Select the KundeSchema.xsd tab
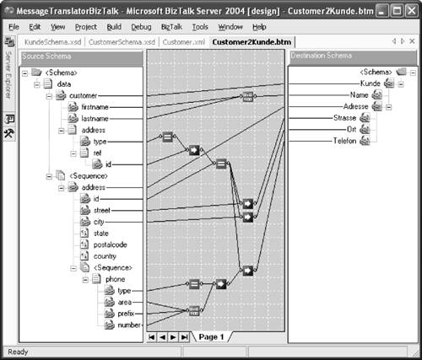51,42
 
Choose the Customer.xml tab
183,42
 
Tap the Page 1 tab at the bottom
211,336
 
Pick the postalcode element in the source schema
111,244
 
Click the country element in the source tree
106,255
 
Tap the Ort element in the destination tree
350,130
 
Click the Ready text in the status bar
17,352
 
